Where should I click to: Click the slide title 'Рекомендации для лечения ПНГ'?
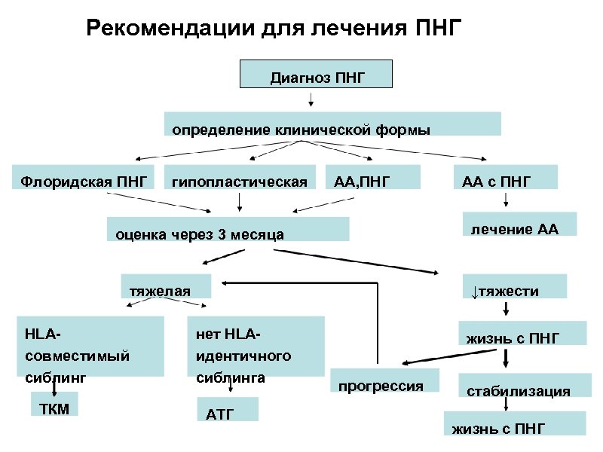click(272, 29)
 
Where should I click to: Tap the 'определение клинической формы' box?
click(332, 124)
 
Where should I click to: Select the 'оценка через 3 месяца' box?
click(228, 229)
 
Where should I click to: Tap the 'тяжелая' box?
click(167, 286)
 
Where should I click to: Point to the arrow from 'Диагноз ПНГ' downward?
click(311, 99)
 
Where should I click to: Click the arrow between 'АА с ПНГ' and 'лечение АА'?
click(504, 200)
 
